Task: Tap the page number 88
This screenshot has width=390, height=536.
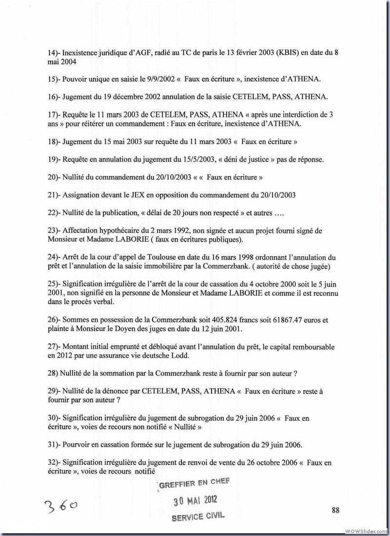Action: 335,510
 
